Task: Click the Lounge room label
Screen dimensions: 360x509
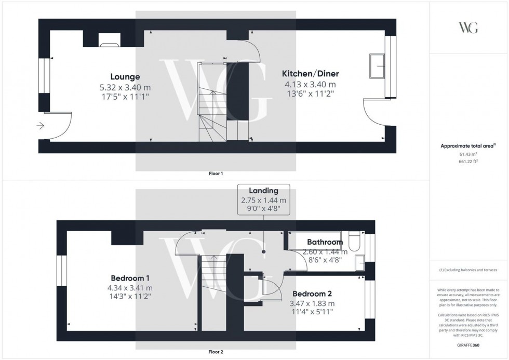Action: pyautogui.click(x=125, y=77)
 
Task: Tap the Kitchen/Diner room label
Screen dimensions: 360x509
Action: pyautogui.click(x=310, y=74)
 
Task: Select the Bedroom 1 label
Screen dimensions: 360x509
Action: pyautogui.click(x=129, y=277)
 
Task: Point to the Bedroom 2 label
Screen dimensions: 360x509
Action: pyautogui.click(x=313, y=293)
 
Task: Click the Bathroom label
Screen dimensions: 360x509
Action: pyautogui.click(x=325, y=242)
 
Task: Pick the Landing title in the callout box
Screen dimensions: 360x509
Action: pyautogui.click(x=263, y=191)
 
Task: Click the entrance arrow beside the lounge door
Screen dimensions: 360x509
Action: pyautogui.click(x=40, y=126)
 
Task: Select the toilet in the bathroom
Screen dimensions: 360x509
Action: pyautogui.click(x=355, y=243)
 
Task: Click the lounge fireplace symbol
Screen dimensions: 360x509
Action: pyautogui.click(x=109, y=44)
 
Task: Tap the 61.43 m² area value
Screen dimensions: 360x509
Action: pyautogui.click(x=468, y=154)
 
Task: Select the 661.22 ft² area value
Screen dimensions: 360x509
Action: pyautogui.click(x=468, y=161)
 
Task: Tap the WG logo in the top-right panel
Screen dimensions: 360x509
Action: pyautogui.click(x=468, y=28)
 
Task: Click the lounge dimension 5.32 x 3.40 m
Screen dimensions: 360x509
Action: pyautogui.click(x=125, y=87)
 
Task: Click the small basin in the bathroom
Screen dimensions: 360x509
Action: pyautogui.click(x=359, y=265)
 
